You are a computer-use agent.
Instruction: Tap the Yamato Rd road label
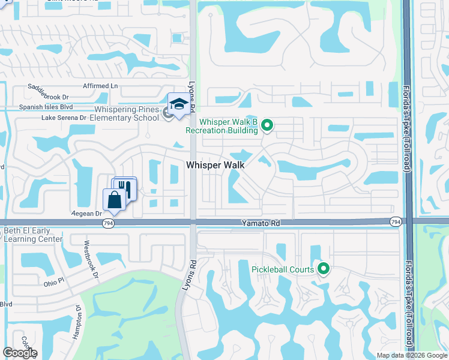point(262,223)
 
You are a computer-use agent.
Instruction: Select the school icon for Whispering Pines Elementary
point(178,104)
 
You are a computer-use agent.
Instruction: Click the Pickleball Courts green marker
point(324,269)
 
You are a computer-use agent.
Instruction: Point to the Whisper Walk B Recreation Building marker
point(268,125)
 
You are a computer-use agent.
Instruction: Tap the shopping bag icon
point(114,200)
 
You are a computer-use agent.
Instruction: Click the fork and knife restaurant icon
point(125,188)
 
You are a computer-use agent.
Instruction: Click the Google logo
point(20,353)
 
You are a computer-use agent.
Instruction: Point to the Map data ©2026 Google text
point(411,355)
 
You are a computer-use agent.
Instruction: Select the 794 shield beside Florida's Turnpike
point(396,222)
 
